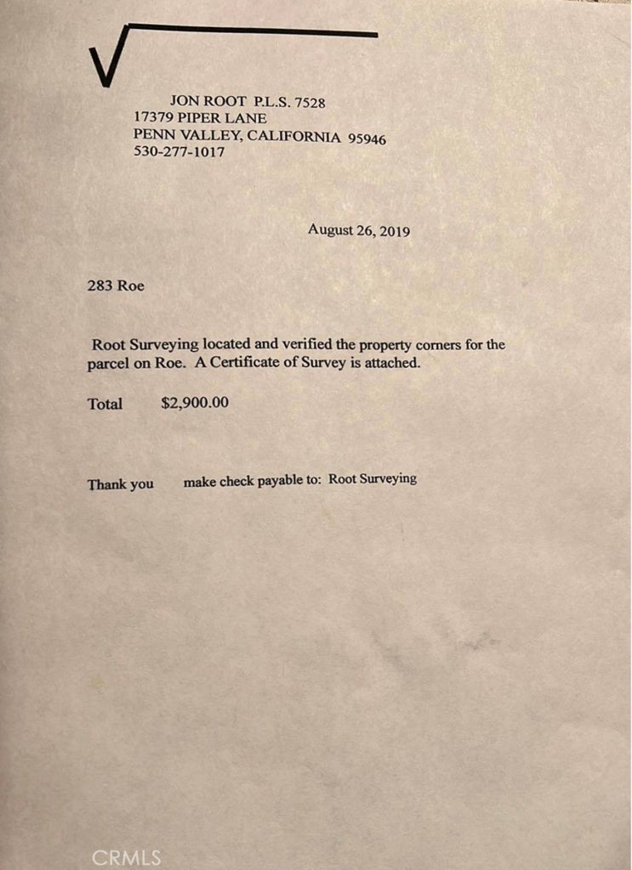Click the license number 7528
(310, 102)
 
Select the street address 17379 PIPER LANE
(200, 118)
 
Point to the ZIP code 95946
(367, 138)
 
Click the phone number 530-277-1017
(179, 153)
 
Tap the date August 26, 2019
(359, 229)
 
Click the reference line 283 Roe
(116, 285)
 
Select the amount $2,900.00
(195, 403)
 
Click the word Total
(105, 404)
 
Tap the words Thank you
(120, 484)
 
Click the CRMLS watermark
(126, 857)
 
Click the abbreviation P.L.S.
(272, 102)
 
